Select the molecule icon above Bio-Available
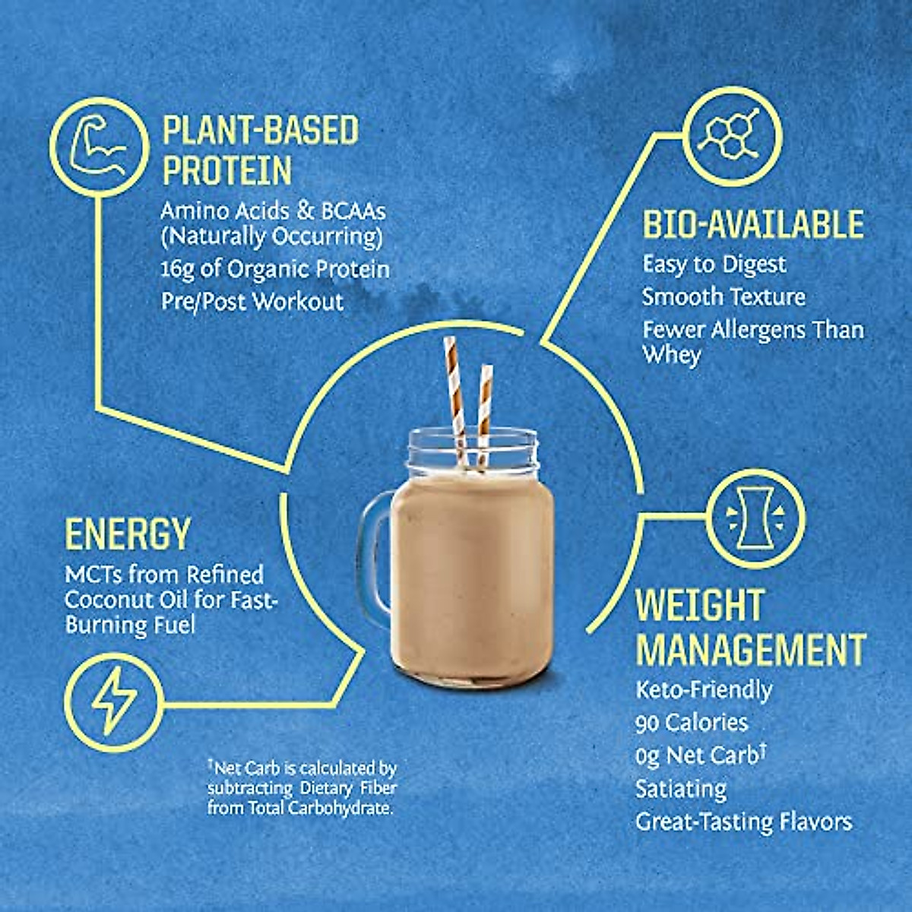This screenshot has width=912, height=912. tap(732, 137)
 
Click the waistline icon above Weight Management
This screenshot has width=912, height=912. tap(755, 518)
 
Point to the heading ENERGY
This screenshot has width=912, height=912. tap(127, 534)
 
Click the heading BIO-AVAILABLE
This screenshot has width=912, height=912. tap(753, 225)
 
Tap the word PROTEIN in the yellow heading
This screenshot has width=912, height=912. tap(227, 170)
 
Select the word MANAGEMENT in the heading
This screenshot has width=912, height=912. tap(751, 651)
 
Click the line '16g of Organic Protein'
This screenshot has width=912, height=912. tap(275, 270)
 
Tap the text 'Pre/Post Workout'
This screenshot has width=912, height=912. tap(252, 302)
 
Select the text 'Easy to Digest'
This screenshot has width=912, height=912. tap(714, 264)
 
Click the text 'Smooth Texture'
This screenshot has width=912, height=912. tap(724, 296)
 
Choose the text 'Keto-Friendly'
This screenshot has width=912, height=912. tap(704, 690)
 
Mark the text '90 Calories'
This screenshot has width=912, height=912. tap(692, 723)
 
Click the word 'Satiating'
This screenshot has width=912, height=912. tap(681, 789)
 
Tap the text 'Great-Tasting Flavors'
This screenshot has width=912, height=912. tap(743, 822)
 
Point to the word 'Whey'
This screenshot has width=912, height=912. tap(671, 355)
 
